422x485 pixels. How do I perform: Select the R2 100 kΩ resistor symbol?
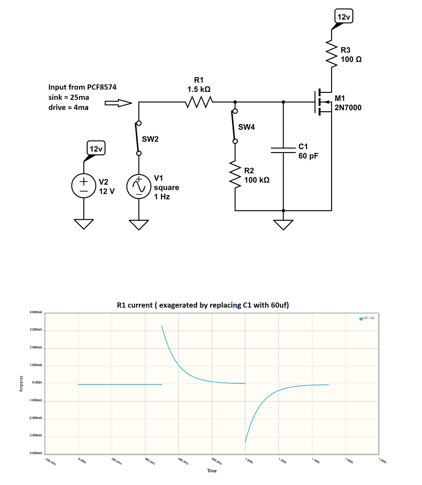coord(235,175)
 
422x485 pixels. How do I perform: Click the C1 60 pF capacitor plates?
coord(283,150)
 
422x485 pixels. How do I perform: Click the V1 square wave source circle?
coord(139,186)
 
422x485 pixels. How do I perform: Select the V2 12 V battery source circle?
coord(84,186)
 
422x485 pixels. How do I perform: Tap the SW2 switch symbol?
coord(138,138)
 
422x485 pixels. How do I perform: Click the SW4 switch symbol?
coord(233,126)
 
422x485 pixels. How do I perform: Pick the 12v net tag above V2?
coord(96,149)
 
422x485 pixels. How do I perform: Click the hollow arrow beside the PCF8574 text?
coord(117,103)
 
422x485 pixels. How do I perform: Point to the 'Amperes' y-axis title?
coord(21,383)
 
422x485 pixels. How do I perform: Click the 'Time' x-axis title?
coord(212,471)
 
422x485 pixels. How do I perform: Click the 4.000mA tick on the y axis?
coord(36,313)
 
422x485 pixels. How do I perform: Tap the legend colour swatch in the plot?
coord(361,319)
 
